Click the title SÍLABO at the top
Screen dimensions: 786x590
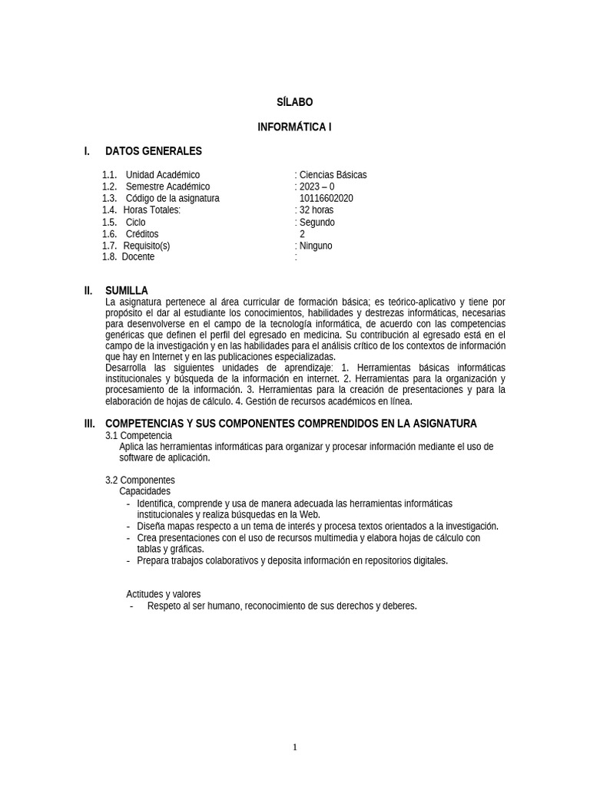(x=294, y=102)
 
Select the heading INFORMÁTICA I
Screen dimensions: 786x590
(x=294, y=127)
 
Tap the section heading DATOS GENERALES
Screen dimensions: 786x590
(x=153, y=151)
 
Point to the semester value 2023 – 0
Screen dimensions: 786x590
(x=317, y=187)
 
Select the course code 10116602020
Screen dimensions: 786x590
(x=326, y=198)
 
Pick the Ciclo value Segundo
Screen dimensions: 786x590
(x=317, y=223)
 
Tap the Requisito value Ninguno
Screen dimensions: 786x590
(x=316, y=246)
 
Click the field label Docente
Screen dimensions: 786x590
(x=138, y=257)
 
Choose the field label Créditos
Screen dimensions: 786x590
(x=142, y=234)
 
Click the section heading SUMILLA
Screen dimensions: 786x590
(x=127, y=291)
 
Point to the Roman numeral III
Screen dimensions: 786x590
(x=90, y=424)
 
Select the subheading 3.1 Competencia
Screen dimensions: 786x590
(x=139, y=436)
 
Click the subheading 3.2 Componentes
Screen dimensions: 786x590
(x=140, y=481)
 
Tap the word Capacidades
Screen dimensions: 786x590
(x=145, y=491)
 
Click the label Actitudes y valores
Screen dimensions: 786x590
(x=163, y=594)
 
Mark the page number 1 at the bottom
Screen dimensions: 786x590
(x=295, y=748)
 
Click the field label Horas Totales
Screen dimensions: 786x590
(x=152, y=210)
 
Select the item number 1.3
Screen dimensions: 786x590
(x=109, y=198)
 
